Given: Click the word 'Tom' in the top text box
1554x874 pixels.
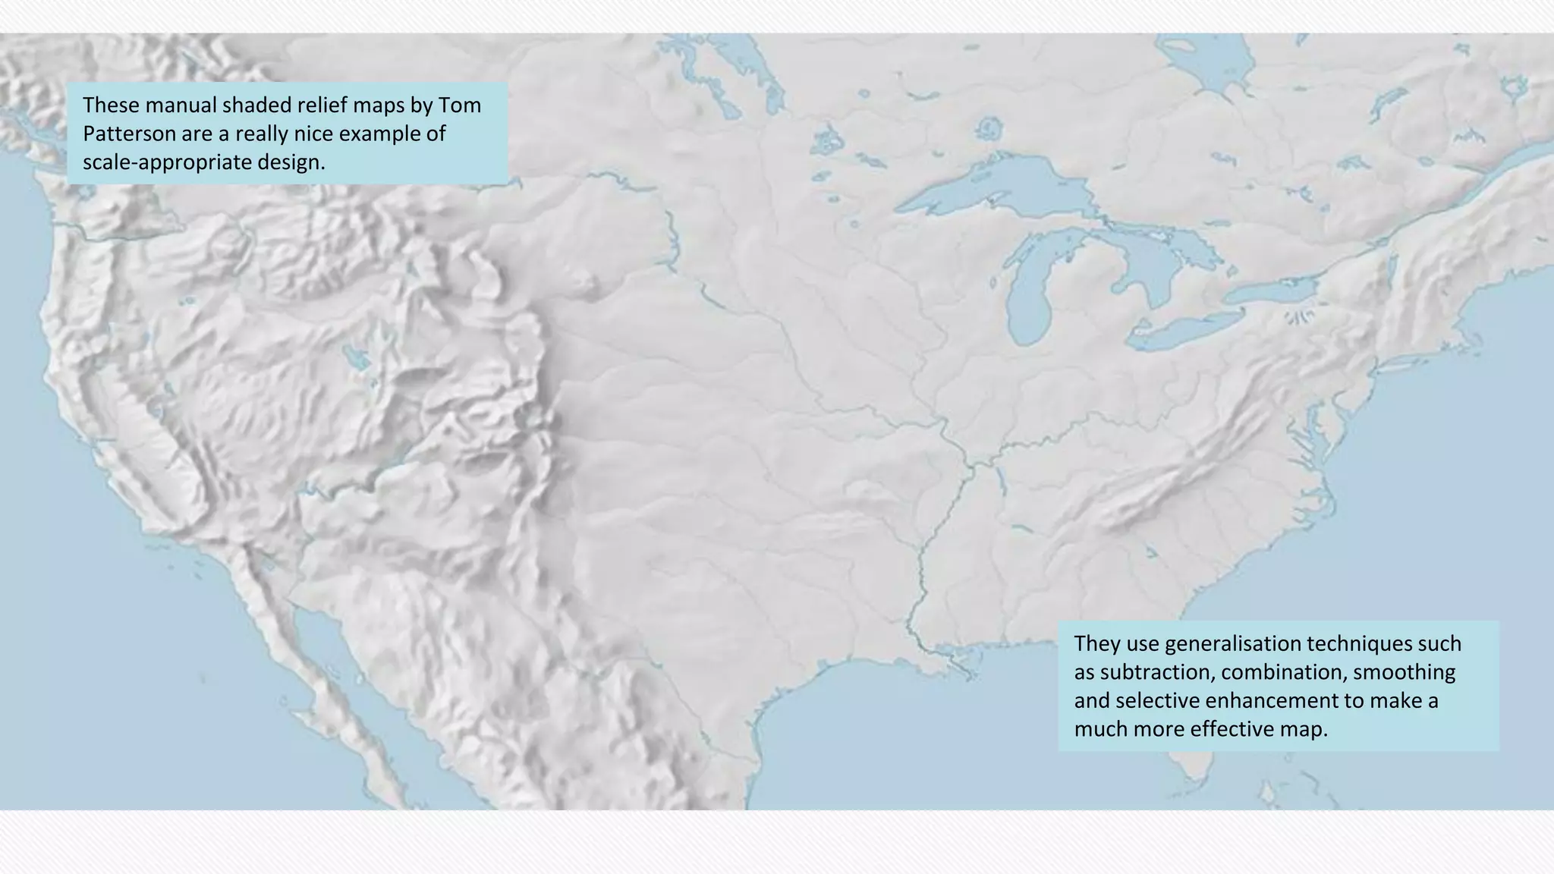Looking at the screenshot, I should tap(460, 105).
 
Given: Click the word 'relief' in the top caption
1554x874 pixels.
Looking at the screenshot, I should tap(325, 105).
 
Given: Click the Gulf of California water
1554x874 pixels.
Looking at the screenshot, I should tap(326, 645).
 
